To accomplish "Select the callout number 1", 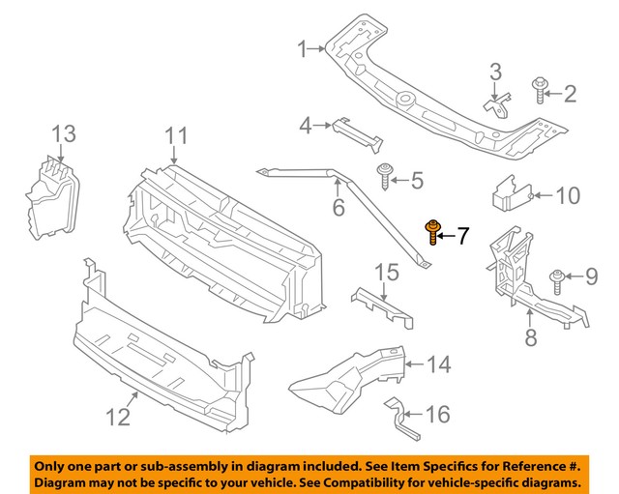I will pyautogui.click(x=302, y=47).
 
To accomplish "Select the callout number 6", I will pyautogui.click(x=338, y=208).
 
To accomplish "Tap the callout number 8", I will pyautogui.click(x=530, y=337).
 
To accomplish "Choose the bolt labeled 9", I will pyautogui.click(x=558, y=280).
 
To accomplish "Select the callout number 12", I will pyautogui.click(x=117, y=417).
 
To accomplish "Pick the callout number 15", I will pyautogui.click(x=386, y=274).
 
